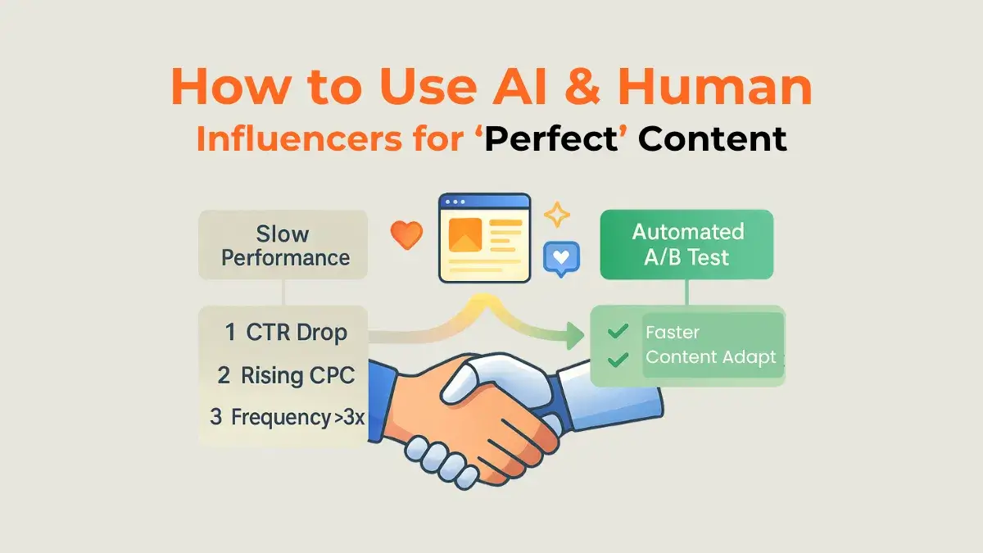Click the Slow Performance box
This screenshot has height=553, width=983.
[x=283, y=245]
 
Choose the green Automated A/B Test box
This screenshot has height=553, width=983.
[x=687, y=244]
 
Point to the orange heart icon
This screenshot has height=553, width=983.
[x=406, y=235]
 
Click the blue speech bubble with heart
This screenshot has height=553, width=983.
[x=560, y=257]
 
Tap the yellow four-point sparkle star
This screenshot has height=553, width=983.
[x=559, y=215]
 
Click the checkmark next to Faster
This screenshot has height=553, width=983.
[x=618, y=332]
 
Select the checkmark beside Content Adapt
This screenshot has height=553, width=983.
[x=618, y=358]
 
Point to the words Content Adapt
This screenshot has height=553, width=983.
[x=710, y=358]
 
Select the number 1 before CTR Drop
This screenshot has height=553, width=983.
[x=231, y=333]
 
